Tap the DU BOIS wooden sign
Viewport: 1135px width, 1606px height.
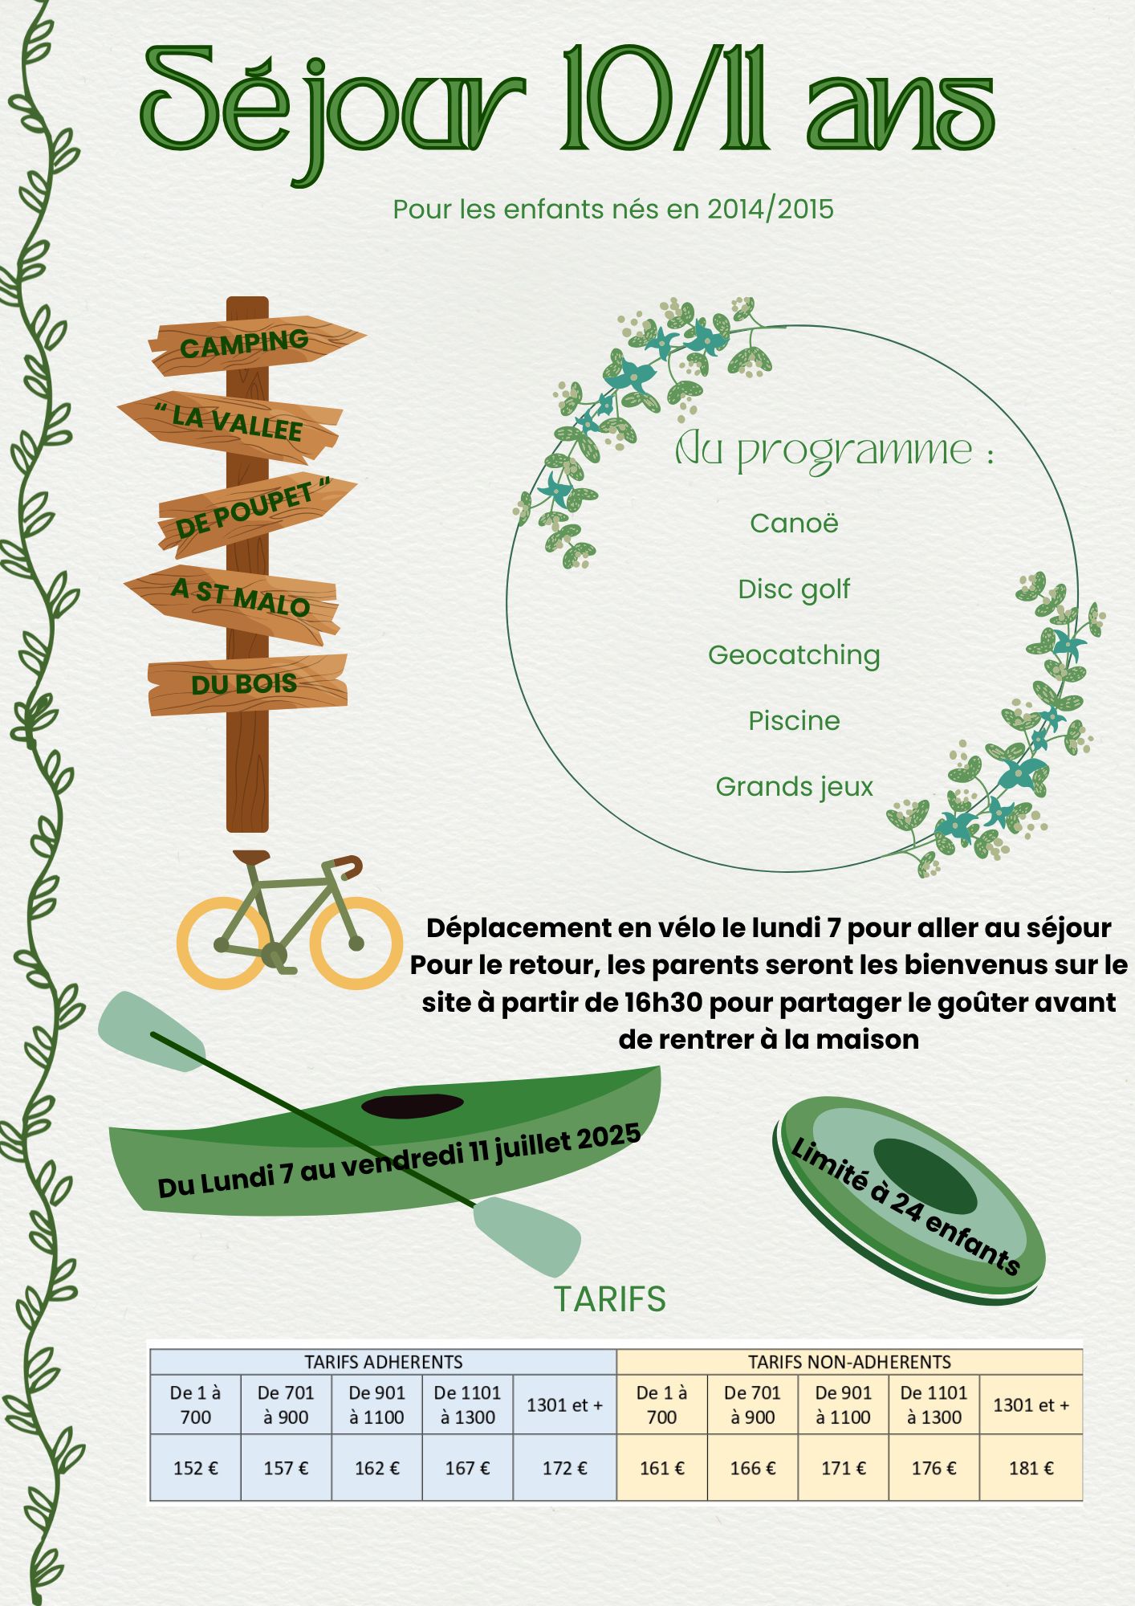click(247, 685)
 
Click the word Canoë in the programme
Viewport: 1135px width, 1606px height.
click(794, 523)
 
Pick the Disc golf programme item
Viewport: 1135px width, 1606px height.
click(794, 590)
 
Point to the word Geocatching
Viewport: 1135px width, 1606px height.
click(794, 656)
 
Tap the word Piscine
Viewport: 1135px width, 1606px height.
click(794, 720)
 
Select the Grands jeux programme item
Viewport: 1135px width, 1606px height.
click(794, 788)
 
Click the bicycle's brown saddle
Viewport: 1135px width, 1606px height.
click(251, 856)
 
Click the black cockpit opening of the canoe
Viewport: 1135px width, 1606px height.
click(413, 1105)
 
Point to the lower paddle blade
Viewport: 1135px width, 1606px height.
click(527, 1235)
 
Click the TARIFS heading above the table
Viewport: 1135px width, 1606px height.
click(610, 1299)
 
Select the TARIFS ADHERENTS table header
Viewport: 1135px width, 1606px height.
click(384, 1362)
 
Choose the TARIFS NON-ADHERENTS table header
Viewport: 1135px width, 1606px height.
click(849, 1362)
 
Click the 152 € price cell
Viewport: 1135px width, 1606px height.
click(196, 1468)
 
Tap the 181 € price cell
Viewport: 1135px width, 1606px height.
click(1031, 1468)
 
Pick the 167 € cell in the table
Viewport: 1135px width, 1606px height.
click(467, 1468)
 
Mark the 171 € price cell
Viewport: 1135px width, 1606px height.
click(843, 1468)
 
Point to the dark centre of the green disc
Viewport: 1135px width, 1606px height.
click(925, 1176)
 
